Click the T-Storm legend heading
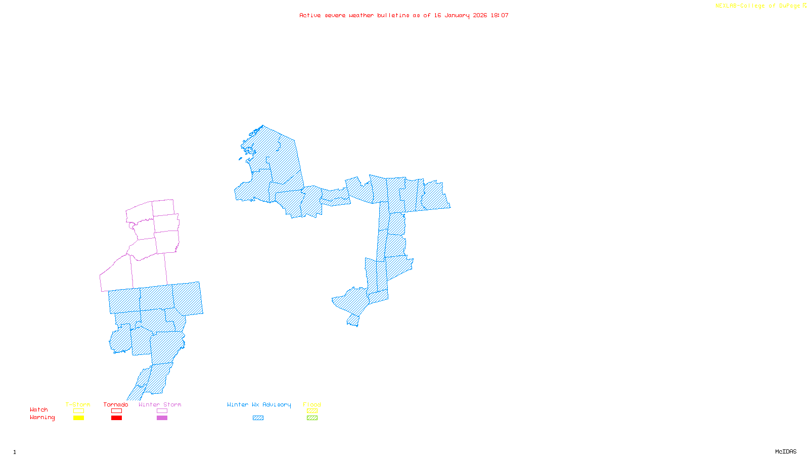click(78, 404)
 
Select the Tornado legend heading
click(116, 404)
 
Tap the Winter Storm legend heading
click(160, 404)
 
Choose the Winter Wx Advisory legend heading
click(259, 404)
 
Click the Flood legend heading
click(312, 404)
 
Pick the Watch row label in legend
click(39, 409)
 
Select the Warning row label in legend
click(42, 418)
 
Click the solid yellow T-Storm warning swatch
click(78, 418)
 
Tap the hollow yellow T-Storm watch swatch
click(78, 411)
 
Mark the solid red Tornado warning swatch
click(116, 418)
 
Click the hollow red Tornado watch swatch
click(116, 411)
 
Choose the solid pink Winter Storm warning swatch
click(162, 418)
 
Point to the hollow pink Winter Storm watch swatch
click(162, 411)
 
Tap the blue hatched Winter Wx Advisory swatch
click(258, 418)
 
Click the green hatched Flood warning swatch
click(312, 418)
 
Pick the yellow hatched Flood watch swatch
click(312, 411)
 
